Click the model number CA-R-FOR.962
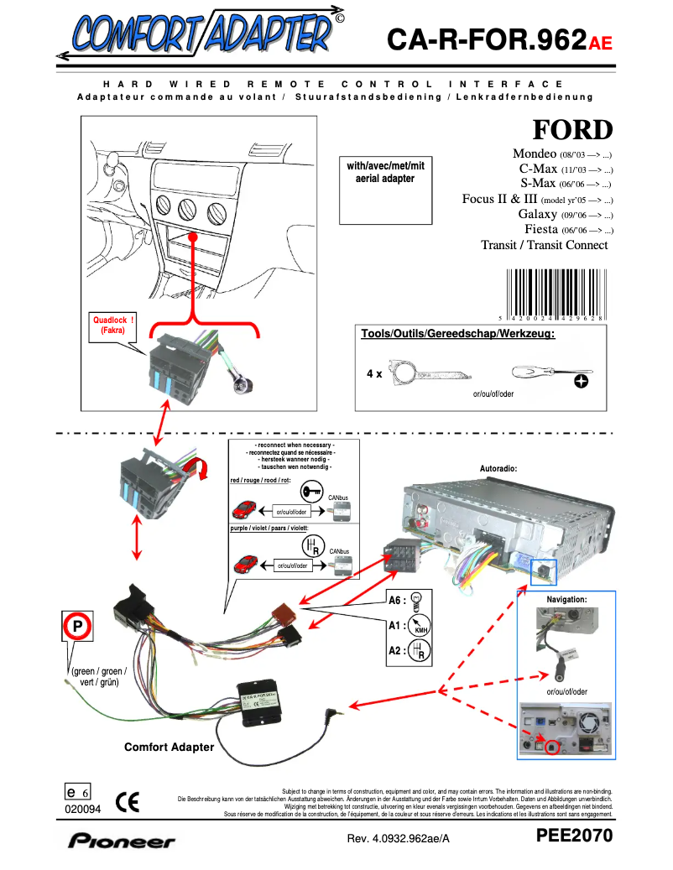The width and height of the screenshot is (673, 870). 486,39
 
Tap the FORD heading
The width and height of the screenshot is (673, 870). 572,130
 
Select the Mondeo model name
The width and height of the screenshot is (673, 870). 535,154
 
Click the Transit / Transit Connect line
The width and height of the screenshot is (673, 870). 544,245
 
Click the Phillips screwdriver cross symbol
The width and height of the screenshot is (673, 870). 580,381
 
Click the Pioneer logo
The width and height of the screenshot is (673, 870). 123,840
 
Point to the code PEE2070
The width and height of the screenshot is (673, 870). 575,836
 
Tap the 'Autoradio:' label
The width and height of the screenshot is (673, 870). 498,467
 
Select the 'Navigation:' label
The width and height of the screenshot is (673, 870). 566,600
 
